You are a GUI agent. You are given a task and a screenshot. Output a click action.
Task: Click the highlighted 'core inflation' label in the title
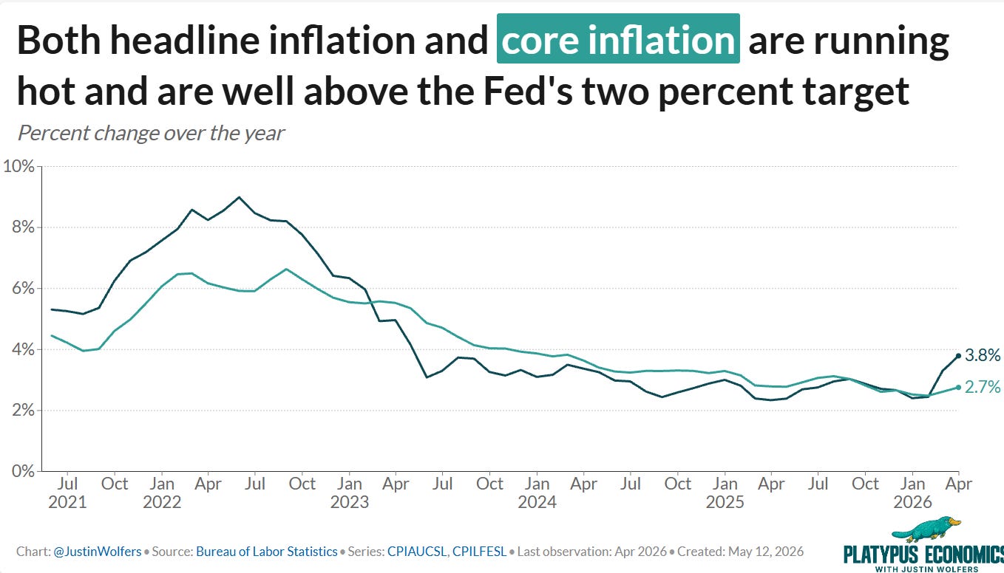(x=618, y=39)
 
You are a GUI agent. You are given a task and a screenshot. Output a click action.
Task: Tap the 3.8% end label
(x=983, y=355)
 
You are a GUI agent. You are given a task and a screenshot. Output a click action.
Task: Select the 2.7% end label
(x=983, y=387)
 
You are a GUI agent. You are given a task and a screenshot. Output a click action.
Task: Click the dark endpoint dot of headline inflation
(x=958, y=356)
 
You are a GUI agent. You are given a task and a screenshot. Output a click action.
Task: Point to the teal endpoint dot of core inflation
(x=958, y=387)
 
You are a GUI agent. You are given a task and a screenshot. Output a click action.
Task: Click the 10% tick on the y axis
(x=18, y=166)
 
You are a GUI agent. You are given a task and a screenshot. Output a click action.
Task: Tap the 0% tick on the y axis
(x=24, y=471)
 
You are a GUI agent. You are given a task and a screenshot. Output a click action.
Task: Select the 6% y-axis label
(x=24, y=288)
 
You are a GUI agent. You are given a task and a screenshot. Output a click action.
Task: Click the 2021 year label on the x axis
(x=67, y=502)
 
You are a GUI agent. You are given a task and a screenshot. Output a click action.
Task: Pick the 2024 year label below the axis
(x=537, y=502)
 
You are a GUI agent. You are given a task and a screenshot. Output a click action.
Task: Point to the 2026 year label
(x=912, y=502)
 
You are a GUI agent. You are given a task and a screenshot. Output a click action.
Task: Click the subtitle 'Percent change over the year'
(x=151, y=134)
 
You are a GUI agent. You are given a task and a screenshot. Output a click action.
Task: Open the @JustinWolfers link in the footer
(x=98, y=552)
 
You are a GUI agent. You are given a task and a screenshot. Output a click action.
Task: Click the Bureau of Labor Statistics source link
(x=267, y=552)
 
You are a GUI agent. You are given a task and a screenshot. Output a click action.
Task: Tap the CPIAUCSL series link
(x=417, y=552)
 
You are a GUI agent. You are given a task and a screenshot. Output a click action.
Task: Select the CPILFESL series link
(x=479, y=552)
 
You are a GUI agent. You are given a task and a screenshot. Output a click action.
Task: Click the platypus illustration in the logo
(x=926, y=529)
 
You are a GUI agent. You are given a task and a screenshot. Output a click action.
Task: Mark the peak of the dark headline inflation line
(x=239, y=197)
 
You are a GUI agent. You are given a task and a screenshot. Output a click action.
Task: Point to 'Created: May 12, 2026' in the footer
(x=741, y=552)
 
